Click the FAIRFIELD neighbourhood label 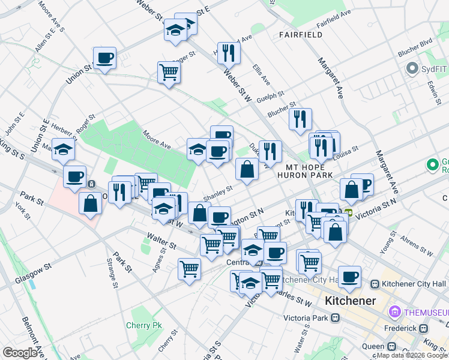301,35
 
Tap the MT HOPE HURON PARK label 305,171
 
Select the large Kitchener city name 350,301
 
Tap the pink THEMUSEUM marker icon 395,311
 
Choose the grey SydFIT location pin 412,68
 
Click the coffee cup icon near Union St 104,58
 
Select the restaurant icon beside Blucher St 300,119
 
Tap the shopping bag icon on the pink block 90,203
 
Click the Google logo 20,353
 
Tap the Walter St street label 163,242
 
